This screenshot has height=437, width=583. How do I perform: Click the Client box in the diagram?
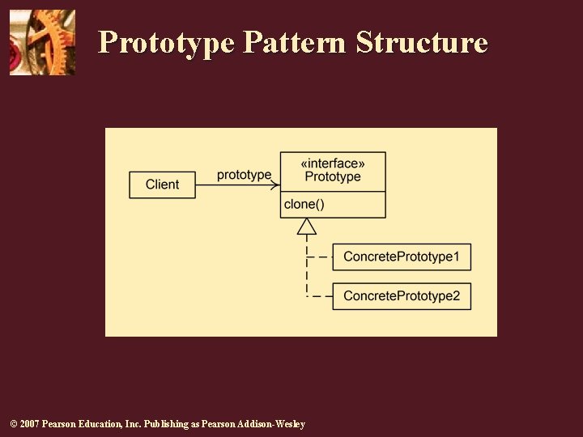(x=163, y=185)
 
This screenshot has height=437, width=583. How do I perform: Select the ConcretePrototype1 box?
(x=402, y=257)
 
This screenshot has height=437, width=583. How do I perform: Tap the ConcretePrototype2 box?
(x=402, y=295)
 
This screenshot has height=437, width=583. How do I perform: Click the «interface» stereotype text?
(x=333, y=163)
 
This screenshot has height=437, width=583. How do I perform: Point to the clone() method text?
(x=304, y=204)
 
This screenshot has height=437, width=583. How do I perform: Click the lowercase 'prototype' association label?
(x=244, y=175)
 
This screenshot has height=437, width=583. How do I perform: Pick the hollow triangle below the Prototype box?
(x=306, y=226)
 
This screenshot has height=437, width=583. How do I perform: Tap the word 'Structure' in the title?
(x=422, y=42)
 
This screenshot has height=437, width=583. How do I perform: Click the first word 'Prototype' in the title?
(x=166, y=42)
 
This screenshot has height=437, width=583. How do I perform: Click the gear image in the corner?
(x=42, y=42)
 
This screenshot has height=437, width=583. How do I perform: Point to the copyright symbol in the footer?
(x=13, y=424)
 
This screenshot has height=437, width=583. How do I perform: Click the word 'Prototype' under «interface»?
(x=333, y=177)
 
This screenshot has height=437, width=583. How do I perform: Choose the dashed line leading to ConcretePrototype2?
(x=320, y=296)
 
